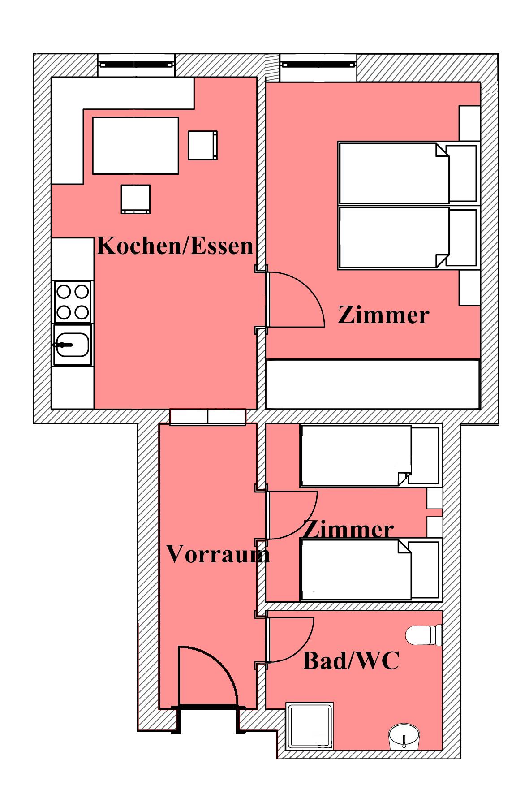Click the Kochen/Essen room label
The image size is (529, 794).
coord(175,246)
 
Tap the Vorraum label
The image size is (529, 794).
coord(218,554)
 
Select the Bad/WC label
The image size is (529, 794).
coord(351,660)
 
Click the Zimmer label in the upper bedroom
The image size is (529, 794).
coord(383,315)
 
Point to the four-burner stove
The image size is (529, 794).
coord(73,302)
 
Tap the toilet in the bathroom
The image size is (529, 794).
coord(424,635)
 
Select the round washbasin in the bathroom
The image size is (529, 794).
coord(404,736)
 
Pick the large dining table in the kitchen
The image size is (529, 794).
coord(136,146)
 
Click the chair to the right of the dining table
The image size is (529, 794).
coord(203,145)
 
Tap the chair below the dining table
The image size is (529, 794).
coord(136,199)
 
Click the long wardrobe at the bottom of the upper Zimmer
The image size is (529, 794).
coord(373,384)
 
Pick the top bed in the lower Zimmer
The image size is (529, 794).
coord(370,456)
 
